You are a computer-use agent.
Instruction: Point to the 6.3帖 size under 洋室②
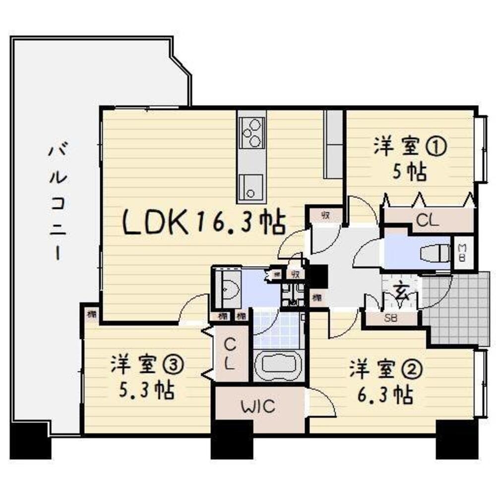pyautogui.click(x=385, y=395)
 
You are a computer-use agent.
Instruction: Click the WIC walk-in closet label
pyautogui.click(x=258, y=407)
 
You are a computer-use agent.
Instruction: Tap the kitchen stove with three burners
pyautogui.click(x=251, y=133)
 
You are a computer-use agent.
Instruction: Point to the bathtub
pyautogui.click(x=278, y=366)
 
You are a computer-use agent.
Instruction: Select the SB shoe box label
pyautogui.click(x=390, y=318)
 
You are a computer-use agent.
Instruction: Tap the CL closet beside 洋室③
pyautogui.click(x=230, y=353)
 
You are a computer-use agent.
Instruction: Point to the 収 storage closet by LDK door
pyautogui.click(x=325, y=215)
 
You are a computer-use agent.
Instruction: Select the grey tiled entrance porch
pyautogui.click(x=459, y=310)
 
